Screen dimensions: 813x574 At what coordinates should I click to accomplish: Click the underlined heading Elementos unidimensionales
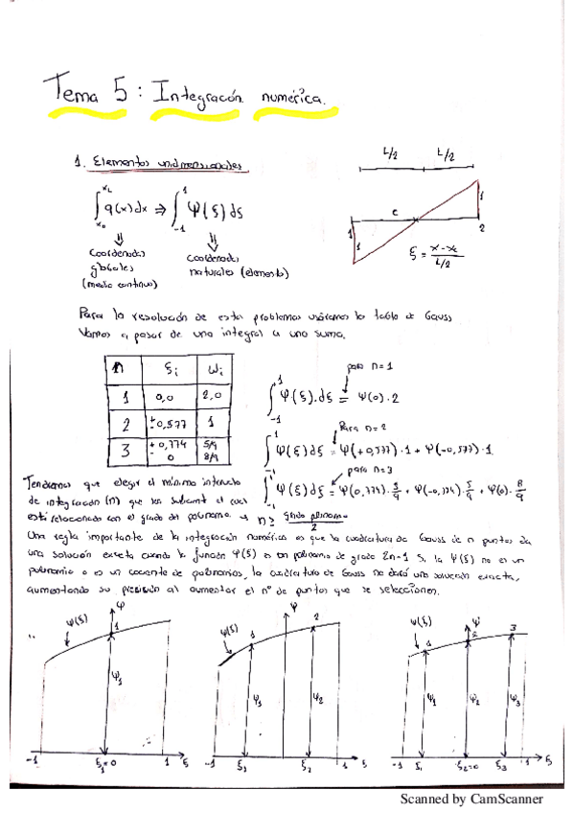pyautogui.click(x=154, y=166)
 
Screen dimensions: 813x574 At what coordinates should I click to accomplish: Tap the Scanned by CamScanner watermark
pyautogui.click(x=471, y=799)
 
